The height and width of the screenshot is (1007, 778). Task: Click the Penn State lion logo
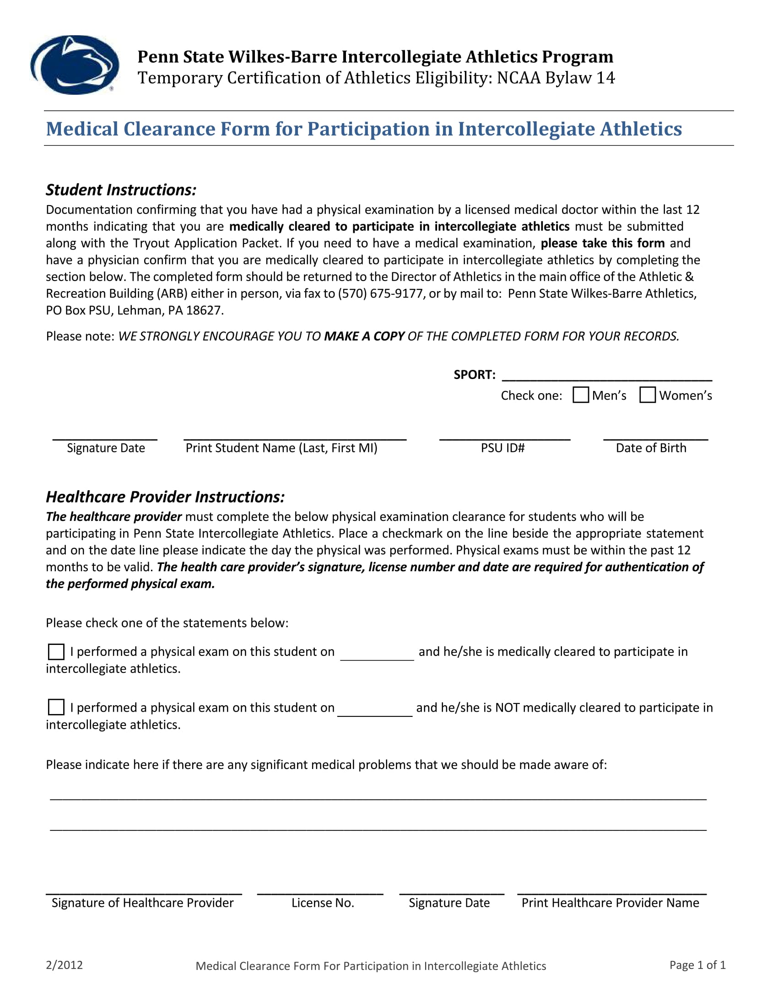pyautogui.click(x=75, y=65)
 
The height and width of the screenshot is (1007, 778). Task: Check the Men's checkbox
pyautogui.click(x=580, y=395)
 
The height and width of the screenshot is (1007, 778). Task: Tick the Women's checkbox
pyautogui.click(x=647, y=395)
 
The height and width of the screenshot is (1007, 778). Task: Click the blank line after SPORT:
pyautogui.click(x=606, y=375)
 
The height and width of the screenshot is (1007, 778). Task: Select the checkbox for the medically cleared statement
pyautogui.click(x=56, y=652)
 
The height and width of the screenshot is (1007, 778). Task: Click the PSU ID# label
pyautogui.click(x=502, y=448)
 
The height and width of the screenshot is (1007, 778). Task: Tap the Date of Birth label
pyautogui.click(x=651, y=448)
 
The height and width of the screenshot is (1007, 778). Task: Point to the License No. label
pyautogui.click(x=323, y=903)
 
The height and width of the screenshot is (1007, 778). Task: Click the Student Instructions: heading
pyautogui.click(x=121, y=190)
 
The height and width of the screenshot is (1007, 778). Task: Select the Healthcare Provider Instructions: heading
pyautogui.click(x=165, y=497)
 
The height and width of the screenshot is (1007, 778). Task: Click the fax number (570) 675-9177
pyautogui.click(x=381, y=294)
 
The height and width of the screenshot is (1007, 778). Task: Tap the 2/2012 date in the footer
pyautogui.click(x=64, y=965)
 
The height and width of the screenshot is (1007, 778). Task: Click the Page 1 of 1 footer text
pyautogui.click(x=697, y=965)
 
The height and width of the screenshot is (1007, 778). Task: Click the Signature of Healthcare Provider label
pyautogui.click(x=142, y=903)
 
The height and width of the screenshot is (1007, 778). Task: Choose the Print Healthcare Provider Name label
pyautogui.click(x=610, y=903)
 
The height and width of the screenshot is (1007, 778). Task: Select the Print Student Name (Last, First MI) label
pyautogui.click(x=281, y=448)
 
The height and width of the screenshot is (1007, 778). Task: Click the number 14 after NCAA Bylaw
pyautogui.click(x=605, y=78)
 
